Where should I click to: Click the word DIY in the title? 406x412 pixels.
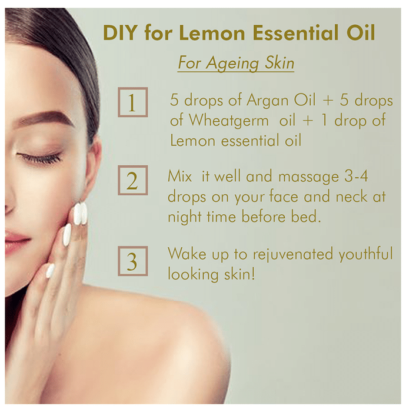coord(120,33)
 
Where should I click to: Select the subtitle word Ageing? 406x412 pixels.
coord(232,64)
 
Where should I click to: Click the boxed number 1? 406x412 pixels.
coord(132,102)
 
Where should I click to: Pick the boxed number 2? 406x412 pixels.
coord(132,180)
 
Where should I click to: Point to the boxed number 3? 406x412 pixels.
coord(132,261)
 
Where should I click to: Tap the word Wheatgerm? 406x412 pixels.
coord(229,121)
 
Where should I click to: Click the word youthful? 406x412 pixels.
coord(365,254)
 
